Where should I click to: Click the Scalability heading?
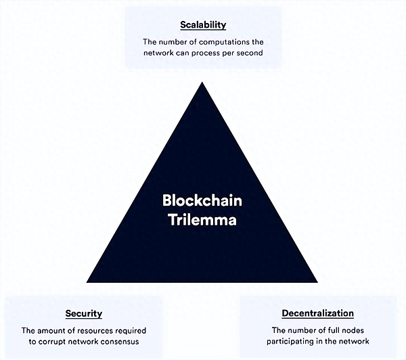(203, 25)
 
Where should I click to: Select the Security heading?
(84, 313)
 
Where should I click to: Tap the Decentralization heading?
(317, 313)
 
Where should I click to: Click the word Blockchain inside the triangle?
(202, 201)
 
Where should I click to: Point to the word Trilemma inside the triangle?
(202, 219)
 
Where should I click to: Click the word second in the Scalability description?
(249, 53)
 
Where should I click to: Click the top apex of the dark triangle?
(202, 83)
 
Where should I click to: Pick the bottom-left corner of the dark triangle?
(88, 282)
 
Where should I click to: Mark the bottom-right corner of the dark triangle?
(317, 282)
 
